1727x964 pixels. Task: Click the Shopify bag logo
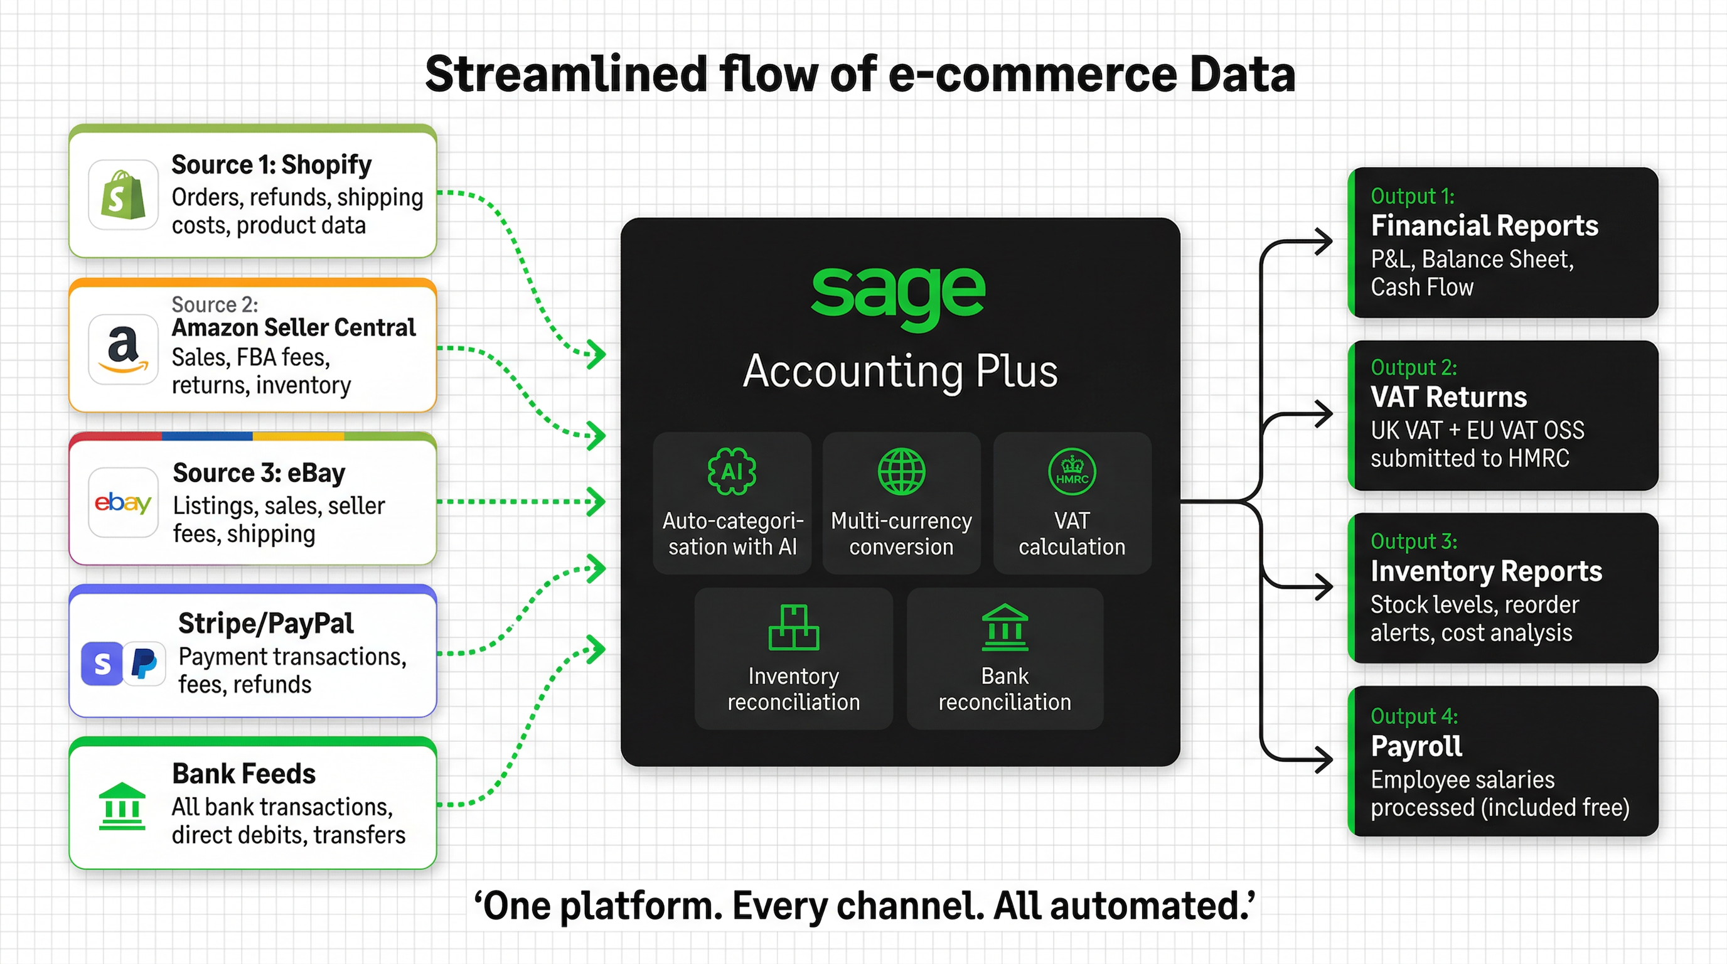124,195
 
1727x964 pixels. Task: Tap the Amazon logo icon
124,348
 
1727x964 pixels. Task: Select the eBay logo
124,502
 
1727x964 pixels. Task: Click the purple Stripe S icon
102,663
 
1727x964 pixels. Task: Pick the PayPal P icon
144,663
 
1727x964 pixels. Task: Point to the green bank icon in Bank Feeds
122,806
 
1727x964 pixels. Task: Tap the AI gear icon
732,471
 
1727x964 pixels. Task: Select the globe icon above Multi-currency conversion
901,471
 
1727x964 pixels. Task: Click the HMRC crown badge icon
1071,471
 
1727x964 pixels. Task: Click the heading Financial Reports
1484,226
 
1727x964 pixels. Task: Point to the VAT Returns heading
1448,397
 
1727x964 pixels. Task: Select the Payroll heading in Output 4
1416,746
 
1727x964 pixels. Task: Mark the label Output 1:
1412,196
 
